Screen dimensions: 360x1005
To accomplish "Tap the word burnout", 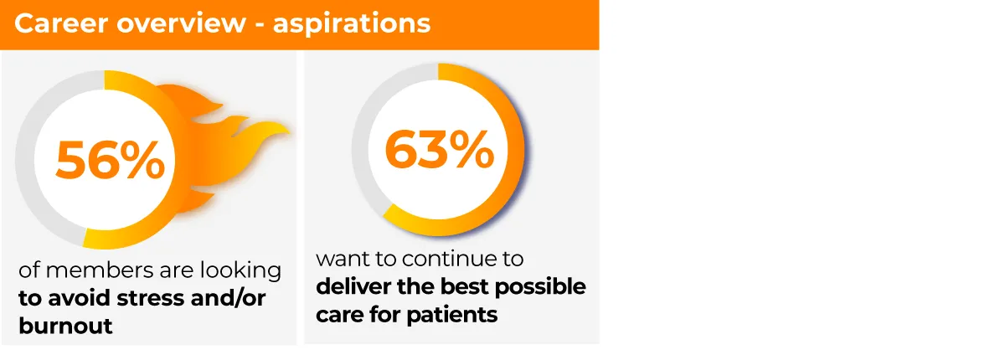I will (x=64, y=326).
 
